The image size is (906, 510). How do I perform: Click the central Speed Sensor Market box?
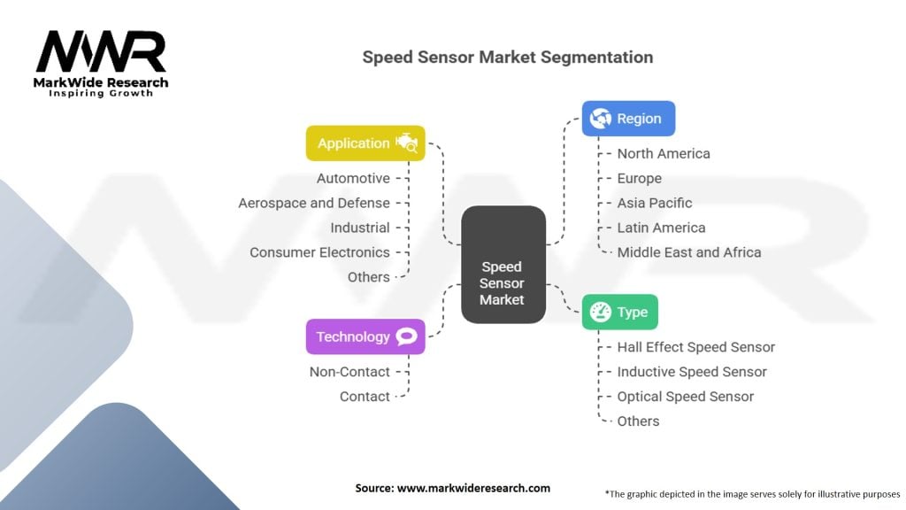[502, 265]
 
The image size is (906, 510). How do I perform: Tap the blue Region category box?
[628, 119]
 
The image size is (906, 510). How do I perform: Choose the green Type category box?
[619, 313]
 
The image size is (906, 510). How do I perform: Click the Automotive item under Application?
[353, 178]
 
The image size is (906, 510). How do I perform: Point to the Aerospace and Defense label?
[314, 203]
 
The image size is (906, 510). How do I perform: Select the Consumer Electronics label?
[319, 252]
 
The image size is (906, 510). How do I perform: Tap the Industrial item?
[360, 228]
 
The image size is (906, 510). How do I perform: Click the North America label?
[664, 153]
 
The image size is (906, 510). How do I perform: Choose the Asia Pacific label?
[655, 203]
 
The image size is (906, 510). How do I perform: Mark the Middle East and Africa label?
[689, 252]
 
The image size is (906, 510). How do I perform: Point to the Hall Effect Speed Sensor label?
[696, 347]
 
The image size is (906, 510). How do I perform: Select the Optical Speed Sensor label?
[686, 397]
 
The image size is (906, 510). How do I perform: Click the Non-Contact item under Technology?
[349, 372]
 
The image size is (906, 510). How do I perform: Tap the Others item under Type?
[638, 421]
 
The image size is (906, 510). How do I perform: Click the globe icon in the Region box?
[601, 119]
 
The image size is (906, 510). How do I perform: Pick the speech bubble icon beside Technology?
[407, 336]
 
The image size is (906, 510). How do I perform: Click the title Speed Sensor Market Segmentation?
[508, 58]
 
